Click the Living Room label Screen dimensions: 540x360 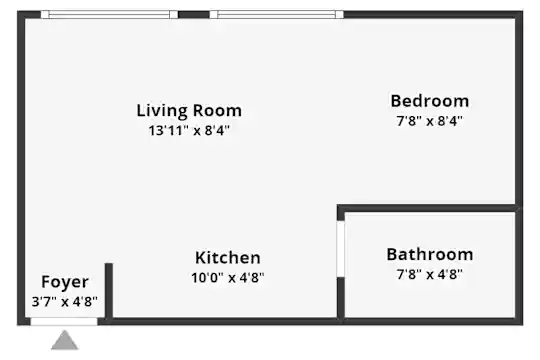(x=189, y=111)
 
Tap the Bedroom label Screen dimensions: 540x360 (x=430, y=101)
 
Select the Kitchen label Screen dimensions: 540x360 (x=228, y=258)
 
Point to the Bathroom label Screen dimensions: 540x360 (x=430, y=255)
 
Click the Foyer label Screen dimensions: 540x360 (x=65, y=282)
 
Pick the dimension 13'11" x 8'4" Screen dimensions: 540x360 (x=189, y=131)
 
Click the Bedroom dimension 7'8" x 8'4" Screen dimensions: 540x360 (x=430, y=121)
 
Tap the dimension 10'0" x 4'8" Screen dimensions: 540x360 (x=228, y=277)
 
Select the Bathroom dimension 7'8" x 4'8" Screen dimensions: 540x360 (x=430, y=274)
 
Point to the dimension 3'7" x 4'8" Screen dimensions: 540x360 (x=65, y=302)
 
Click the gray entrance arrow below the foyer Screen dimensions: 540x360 (x=65, y=340)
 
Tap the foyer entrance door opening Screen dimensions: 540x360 (x=64, y=322)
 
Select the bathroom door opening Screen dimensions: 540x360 (x=341, y=249)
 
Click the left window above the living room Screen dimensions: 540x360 (x=109, y=14)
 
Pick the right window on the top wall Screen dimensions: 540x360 (x=277, y=14)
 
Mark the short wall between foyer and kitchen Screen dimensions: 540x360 (x=109, y=291)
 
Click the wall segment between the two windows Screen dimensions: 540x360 (x=194, y=14)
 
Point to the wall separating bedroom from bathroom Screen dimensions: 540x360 (x=428, y=208)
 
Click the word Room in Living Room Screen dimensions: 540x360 (x=217, y=111)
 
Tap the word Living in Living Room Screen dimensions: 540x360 (x=162, y=111)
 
